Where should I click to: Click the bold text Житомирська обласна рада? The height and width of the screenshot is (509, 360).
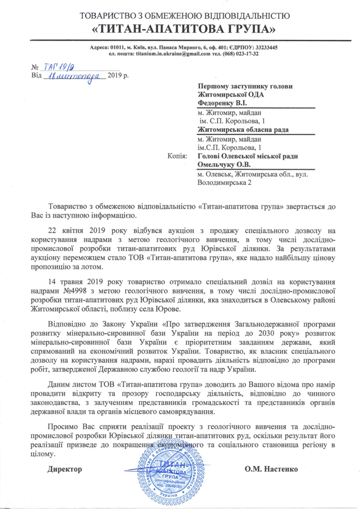tap(243, 130)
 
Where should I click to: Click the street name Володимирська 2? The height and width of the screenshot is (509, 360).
tap(225, 182)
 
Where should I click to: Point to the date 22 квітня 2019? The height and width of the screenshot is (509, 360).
tap(80, 231)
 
